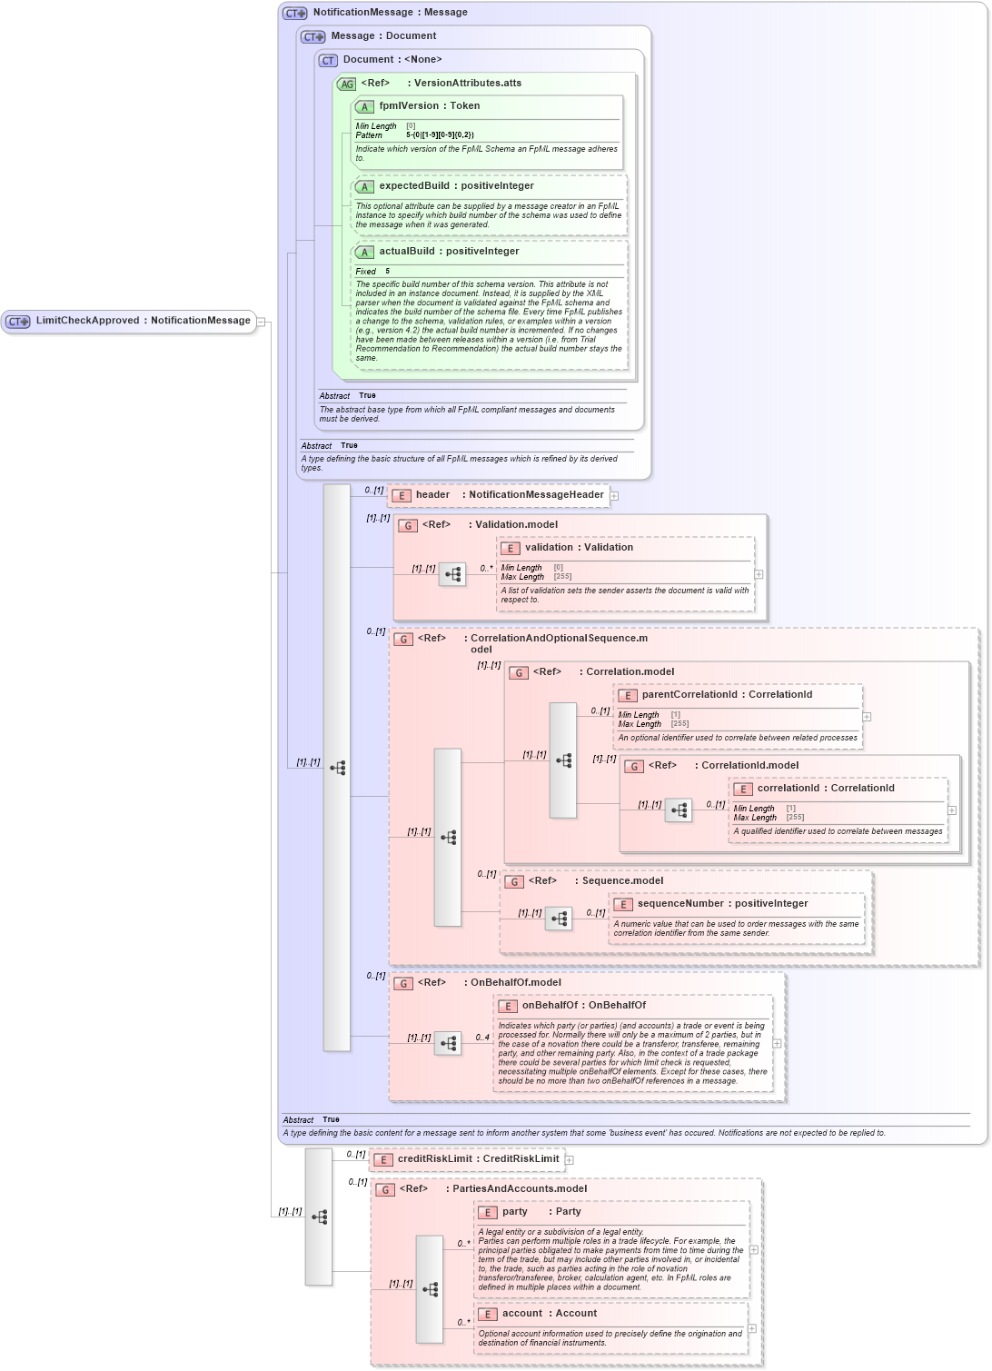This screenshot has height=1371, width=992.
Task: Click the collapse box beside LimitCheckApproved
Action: (261, 322)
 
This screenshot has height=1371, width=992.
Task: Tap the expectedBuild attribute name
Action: (413, 186)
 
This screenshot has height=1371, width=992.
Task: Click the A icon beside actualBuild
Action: (364, 253)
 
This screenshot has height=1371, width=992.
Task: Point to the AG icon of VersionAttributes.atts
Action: (346, 84)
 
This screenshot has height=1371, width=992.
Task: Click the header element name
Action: (432, 495)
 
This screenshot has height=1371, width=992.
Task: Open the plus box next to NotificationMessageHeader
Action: (614, 496)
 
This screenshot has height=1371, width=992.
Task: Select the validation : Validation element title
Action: (579, 548)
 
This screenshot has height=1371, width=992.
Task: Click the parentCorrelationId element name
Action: (689, 695)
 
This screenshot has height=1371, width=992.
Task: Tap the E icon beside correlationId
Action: (743, 790)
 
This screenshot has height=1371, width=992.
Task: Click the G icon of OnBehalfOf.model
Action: (403, 984)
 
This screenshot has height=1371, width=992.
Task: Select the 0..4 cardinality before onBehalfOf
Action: (482, 1038)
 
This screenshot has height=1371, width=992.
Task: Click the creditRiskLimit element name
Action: (434, 1159)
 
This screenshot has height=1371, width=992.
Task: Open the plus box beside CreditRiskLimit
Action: (570, 1160)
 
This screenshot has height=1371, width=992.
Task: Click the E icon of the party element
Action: (488, 1213)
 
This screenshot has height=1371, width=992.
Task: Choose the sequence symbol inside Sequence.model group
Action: (559, 919)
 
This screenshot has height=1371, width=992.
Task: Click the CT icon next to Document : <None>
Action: (328, 61)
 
